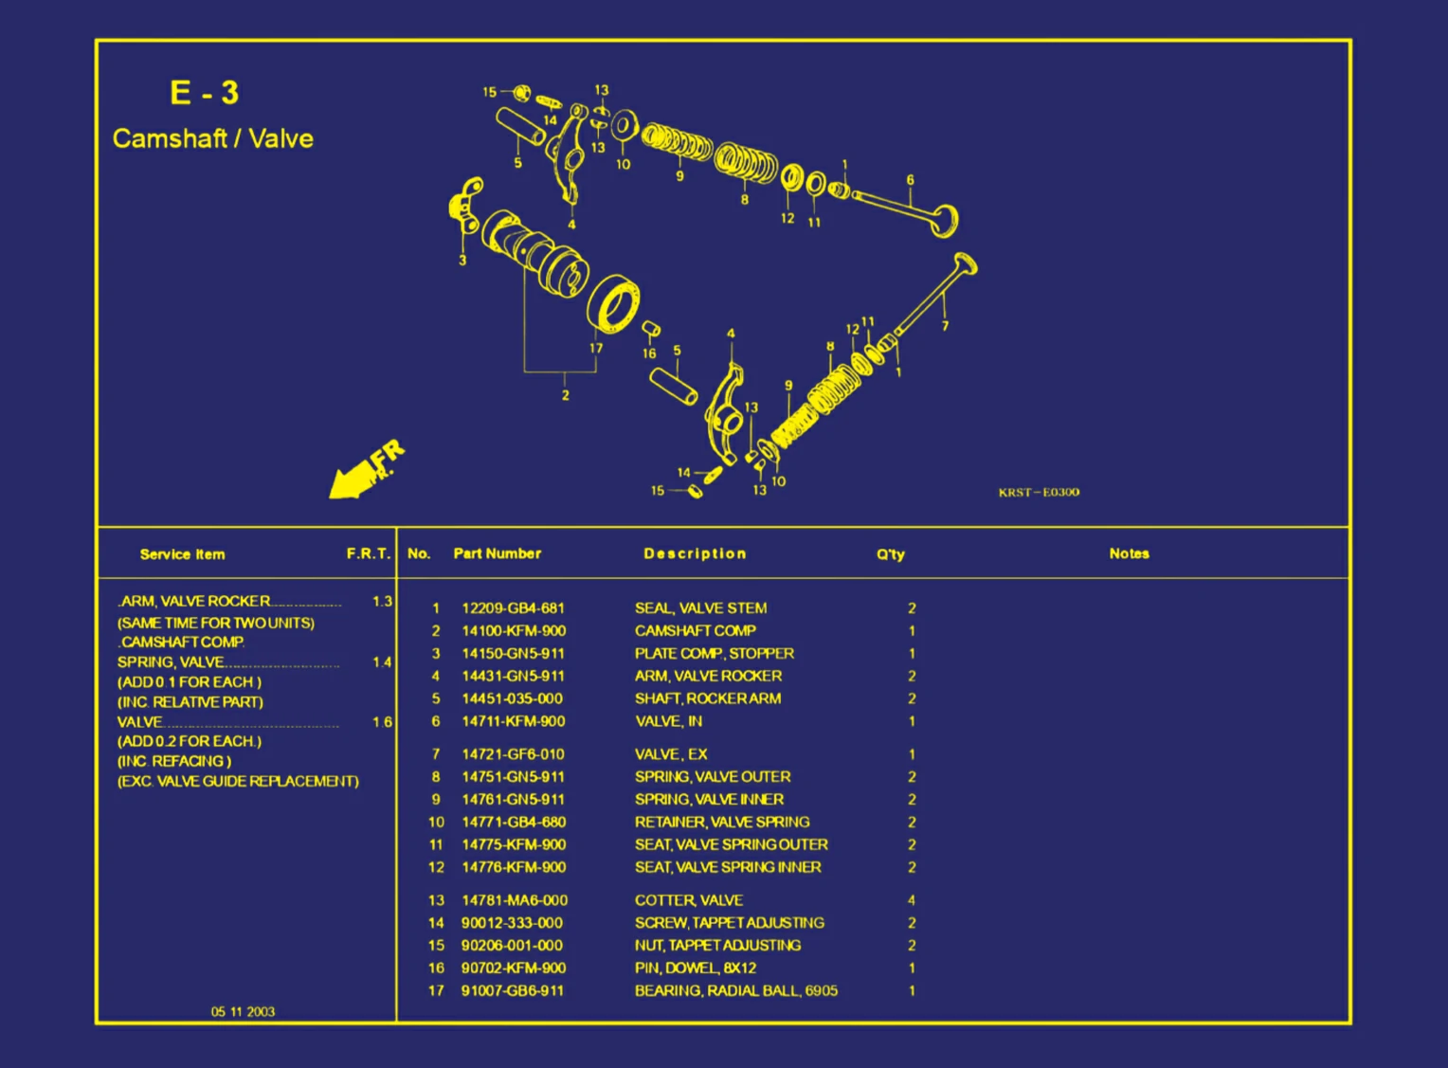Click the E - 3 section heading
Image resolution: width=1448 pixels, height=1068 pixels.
(204, 93)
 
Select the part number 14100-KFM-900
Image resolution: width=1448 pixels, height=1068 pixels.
(513, 631)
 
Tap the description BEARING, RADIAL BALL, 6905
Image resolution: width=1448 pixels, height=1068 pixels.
(735, 991)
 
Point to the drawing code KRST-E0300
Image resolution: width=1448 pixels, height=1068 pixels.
(1038, 492)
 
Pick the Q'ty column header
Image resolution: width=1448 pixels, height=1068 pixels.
(890, 554)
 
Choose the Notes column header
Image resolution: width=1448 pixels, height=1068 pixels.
(1129, 553)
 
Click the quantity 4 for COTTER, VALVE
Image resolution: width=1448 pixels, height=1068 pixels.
(912, 900)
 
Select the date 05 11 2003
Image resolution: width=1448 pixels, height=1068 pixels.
(243, 1012)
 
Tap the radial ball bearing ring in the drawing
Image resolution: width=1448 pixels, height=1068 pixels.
(613, 305)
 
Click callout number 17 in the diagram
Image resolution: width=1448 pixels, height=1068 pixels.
(596, 348)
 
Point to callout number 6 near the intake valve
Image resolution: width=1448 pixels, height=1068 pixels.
(910, 180)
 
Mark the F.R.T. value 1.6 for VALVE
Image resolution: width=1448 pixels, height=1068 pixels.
(382, 722)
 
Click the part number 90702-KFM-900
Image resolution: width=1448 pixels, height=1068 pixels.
(513, 968)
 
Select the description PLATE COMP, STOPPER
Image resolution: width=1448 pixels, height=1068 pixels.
(714, 654)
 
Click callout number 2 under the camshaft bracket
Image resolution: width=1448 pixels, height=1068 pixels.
(566, 395)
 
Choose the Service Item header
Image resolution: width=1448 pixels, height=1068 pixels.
(182, 554)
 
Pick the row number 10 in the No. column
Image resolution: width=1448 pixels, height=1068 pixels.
(436, 823)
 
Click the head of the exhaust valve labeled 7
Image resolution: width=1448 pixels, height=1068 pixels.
(965, 262)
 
